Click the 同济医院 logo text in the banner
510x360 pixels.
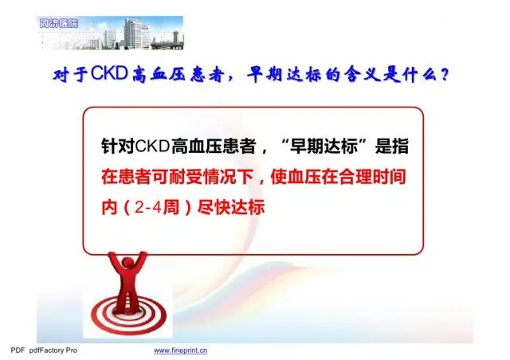58,23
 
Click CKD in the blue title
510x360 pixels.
109,72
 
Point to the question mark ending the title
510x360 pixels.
445,76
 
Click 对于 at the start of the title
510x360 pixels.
71,75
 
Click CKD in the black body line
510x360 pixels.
152,147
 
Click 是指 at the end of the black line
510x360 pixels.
391,147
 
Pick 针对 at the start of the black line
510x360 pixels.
118,147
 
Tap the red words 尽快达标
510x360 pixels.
230,208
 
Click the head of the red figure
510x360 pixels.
127,264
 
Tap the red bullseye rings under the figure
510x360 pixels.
129,316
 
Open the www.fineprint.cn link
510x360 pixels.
181,350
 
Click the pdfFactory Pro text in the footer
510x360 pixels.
53,350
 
